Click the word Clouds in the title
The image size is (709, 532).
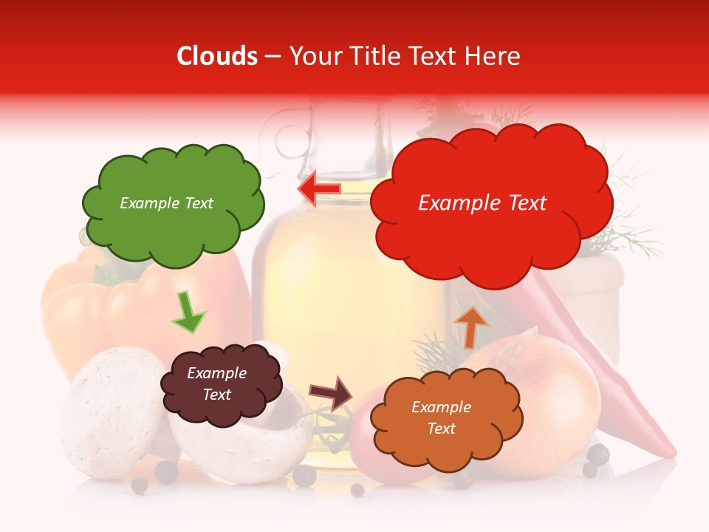pos(217,56)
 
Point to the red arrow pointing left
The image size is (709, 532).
pos(319,189)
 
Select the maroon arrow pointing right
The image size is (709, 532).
pos(332,393)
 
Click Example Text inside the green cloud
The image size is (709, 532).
pos(166,203)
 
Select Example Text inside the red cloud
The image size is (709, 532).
pos(482,203)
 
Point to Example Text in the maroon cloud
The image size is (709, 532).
pos(216,384)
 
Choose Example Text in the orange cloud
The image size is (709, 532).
pos(441,417)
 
